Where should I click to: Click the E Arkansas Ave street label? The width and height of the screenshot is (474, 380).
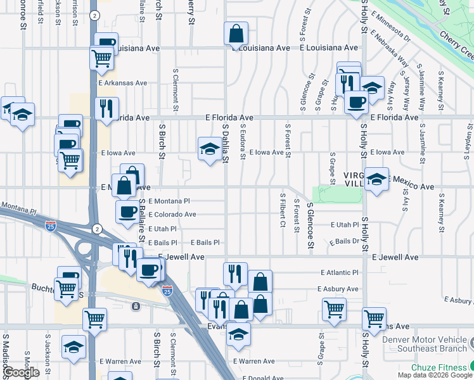click(122, 83)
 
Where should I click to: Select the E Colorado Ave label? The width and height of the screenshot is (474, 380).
click(172, 215)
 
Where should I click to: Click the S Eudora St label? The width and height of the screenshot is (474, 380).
click(243, 142)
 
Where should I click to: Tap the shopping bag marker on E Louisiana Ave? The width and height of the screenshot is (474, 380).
click(236, 34)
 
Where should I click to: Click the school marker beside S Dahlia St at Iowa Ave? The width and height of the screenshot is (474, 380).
click(210, 149)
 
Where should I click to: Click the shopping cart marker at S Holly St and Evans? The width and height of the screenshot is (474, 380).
click(375, 316)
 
